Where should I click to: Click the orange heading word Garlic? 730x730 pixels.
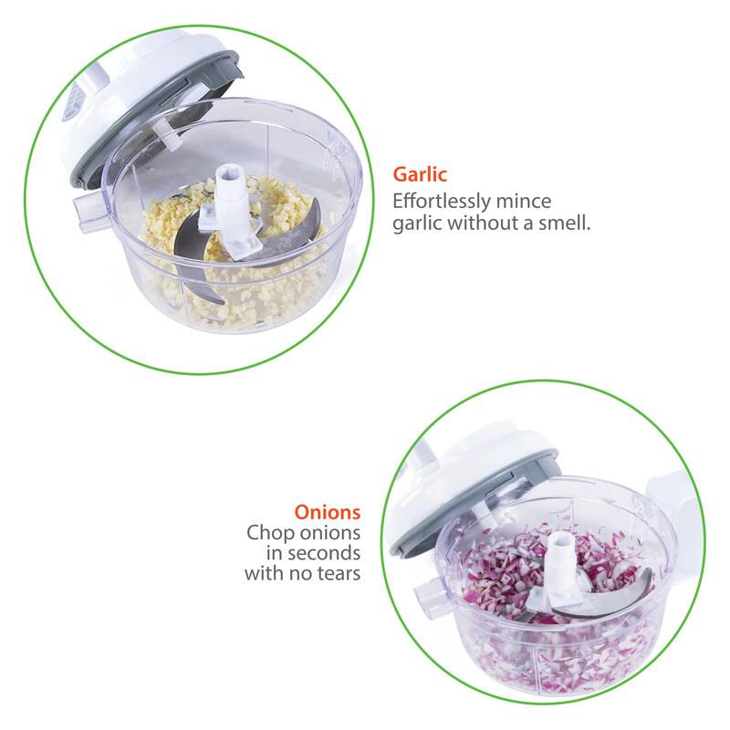coord(419,173)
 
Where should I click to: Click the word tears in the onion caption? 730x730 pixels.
coord(339,575)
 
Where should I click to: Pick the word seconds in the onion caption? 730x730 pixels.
coord(324,554)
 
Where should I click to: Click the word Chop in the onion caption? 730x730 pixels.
coord(266,533)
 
